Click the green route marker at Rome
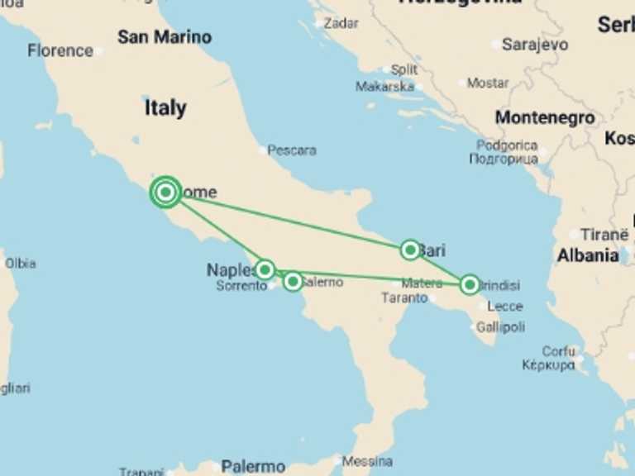coord(166,192)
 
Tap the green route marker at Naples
coord(265,269)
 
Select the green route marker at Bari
coord(410,249)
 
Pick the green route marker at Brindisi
coord(470,284)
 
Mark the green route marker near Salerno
coord(293,281)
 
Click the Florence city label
coord(60,50)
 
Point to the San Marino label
coord(164,37)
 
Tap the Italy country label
coord(165,108)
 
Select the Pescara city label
coord(292,150)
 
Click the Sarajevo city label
coord(535,45)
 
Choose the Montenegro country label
coord(545,118)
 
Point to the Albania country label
coord(587,255)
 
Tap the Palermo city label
coord(253,466)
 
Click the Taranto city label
coord(404,298)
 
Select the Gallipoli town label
coord(499,327)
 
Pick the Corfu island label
coord(559,351)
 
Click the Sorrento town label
coord(241,286)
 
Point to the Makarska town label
coord(384,86)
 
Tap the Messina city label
coord(367,461)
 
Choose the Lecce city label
coord(504,306)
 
